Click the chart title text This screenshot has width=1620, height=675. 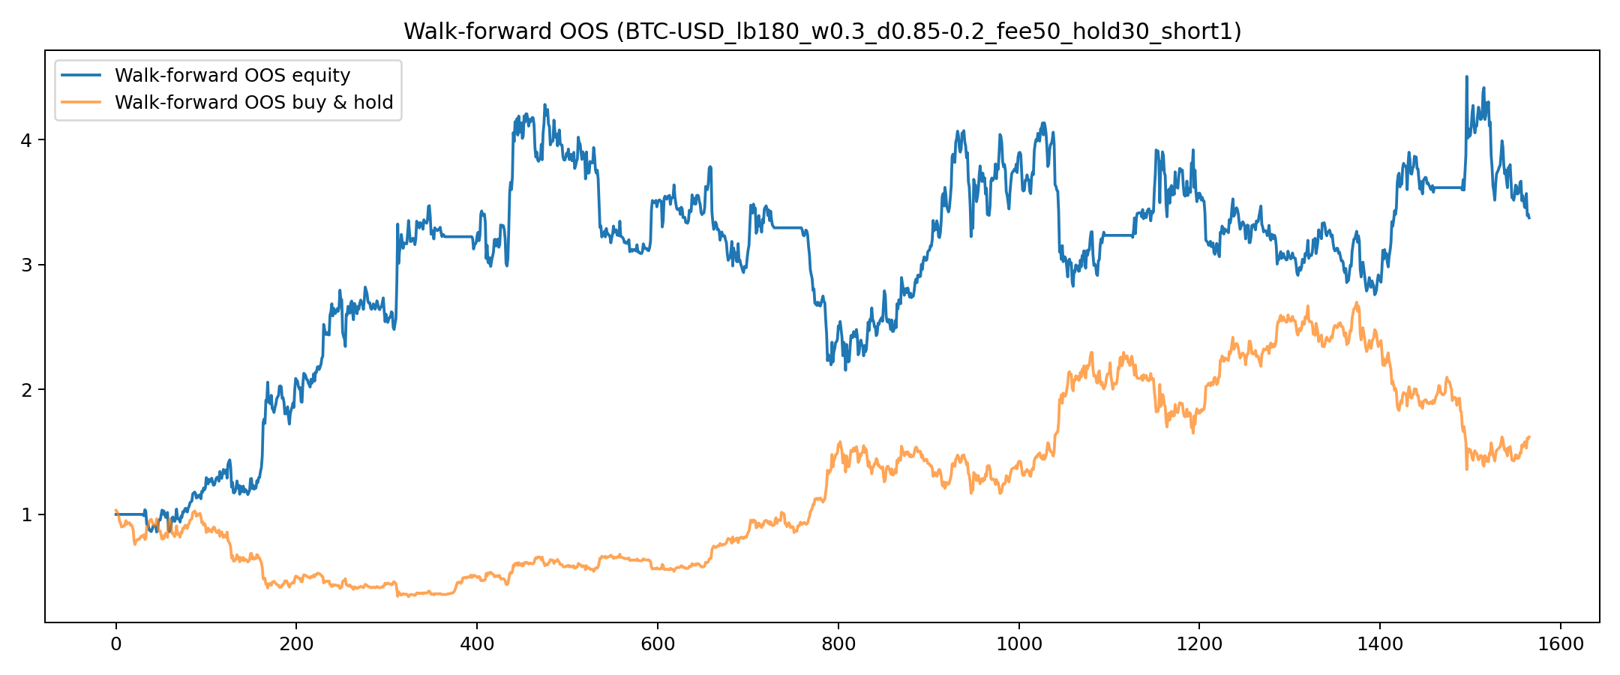click(822, 31)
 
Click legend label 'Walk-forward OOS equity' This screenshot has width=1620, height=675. click(232, 76)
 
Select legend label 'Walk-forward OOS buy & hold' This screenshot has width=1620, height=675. click(253, 103)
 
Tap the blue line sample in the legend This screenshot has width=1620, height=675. click(82, 76)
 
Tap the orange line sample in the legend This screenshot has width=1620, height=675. click(82, 103)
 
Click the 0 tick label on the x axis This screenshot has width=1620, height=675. click(115, 643)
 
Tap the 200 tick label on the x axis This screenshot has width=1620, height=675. click(296, 643)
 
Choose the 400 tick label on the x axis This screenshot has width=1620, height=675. click(477, 643)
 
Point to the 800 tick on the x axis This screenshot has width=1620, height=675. click(838, 643)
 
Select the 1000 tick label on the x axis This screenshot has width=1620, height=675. click(1018, 643)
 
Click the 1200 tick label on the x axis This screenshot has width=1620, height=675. click(1199, 643)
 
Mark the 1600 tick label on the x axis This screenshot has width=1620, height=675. click(1561, 643)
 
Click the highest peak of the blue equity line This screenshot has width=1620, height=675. click(1466, 76)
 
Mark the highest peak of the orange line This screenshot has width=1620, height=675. click(1356, 302)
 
